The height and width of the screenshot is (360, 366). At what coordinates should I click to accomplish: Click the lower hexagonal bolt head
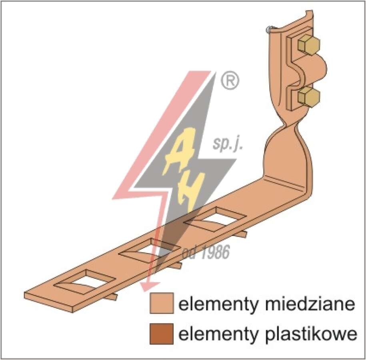tap(308, 97)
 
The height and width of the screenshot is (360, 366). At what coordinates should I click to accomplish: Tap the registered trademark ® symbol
tap(230, 80)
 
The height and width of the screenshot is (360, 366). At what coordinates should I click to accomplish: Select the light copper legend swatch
tap(162, 303)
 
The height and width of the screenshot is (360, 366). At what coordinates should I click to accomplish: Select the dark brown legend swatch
tap(162, 334)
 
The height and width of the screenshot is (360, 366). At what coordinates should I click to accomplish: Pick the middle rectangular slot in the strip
tap(151, 251)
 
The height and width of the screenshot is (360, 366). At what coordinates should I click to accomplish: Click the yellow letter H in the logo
tap(189, 192)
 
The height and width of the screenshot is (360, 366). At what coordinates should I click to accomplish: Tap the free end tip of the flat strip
tap(26, 295)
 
